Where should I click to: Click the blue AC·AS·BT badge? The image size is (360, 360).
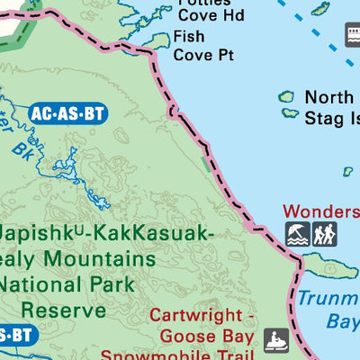point(68,113)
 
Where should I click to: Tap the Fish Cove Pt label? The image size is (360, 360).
point(202,46)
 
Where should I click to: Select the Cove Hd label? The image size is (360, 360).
point(211,14)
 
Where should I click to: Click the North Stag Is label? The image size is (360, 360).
point(332,107)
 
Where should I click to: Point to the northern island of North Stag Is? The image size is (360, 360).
point(287,96)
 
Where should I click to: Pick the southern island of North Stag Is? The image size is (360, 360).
point(290,113)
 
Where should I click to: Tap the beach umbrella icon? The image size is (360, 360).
point(297,234)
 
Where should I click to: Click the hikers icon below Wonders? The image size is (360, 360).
point(324,234)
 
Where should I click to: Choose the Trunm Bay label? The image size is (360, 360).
point(330,310)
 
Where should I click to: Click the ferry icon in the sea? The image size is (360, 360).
point(352,36)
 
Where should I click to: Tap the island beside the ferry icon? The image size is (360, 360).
point(320,11)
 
